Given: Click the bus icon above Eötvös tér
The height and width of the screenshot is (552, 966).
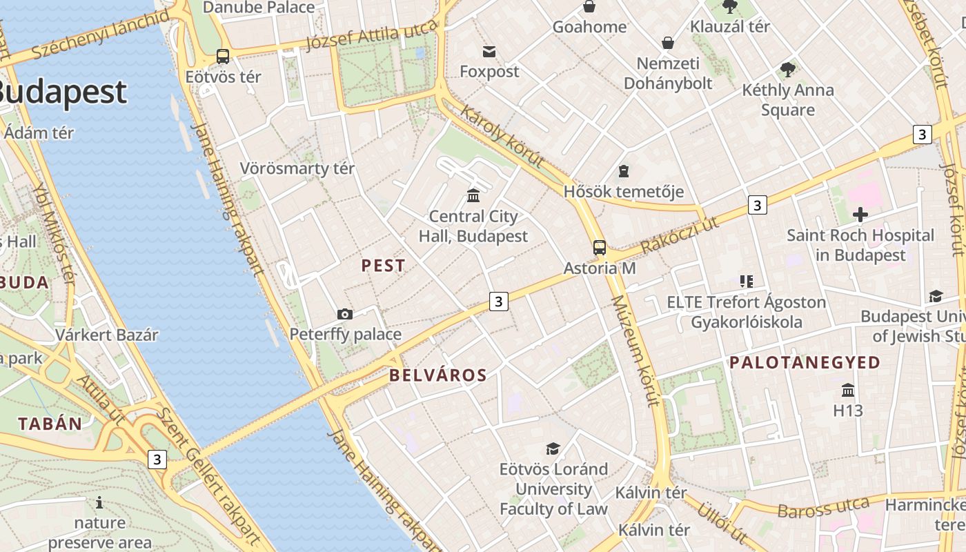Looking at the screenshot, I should point(222,57).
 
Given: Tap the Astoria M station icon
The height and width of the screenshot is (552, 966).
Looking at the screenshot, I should point(600,248).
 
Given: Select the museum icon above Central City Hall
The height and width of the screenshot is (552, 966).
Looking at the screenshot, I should point(473,196).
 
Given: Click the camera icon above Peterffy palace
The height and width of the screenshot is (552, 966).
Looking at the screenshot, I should point(345,315).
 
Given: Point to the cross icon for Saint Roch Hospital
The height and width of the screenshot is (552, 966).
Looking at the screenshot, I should point(860,215).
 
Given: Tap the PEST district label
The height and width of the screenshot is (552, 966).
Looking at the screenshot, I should point(384,266).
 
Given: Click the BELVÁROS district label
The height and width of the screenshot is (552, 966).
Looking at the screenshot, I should point(438,375).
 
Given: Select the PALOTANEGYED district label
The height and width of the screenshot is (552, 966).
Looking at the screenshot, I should point(805,362).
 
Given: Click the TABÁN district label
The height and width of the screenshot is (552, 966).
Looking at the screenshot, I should point(50,424).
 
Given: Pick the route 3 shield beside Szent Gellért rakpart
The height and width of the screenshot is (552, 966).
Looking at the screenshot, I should point(157,459).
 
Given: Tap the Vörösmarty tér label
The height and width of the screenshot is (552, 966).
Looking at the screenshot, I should point(297,168).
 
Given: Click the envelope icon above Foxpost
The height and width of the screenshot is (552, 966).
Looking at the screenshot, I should point(489,52).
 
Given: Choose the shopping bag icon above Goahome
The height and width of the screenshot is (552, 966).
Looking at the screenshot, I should point(589,7).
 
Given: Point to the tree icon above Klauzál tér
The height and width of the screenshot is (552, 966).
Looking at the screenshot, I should point(730,7).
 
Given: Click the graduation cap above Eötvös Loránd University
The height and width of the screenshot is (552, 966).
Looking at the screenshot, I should point(553,449).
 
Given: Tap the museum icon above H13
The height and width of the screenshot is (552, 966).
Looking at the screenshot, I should point(848,391).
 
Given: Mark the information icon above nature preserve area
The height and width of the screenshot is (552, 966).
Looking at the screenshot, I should point(99,502).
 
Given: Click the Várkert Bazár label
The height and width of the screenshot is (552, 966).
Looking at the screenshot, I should point(107,335).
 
